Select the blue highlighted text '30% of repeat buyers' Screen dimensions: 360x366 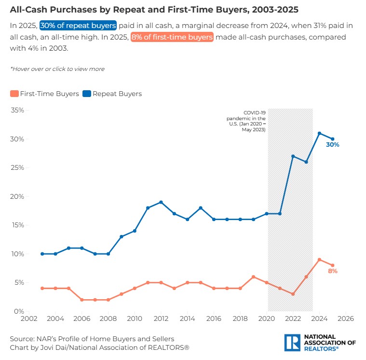(78, 25)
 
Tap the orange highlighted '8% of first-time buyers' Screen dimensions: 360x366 (171, 37)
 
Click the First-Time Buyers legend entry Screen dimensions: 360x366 (44, 94)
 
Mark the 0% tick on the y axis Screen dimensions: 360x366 (19, 311)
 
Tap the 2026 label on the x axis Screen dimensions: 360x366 (346, 319)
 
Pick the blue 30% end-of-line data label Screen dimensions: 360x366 (333, 145)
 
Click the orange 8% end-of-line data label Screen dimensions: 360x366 (333, 271)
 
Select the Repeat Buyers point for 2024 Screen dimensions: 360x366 (319, 133)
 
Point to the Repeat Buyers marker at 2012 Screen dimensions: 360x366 (161, 202)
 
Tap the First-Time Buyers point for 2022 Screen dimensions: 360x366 (293, 294)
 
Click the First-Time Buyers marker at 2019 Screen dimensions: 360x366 (253, 277)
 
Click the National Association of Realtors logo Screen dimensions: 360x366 (320, 343)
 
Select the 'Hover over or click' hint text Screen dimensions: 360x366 (57, 69)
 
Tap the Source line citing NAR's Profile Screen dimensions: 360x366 (92, 339)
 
